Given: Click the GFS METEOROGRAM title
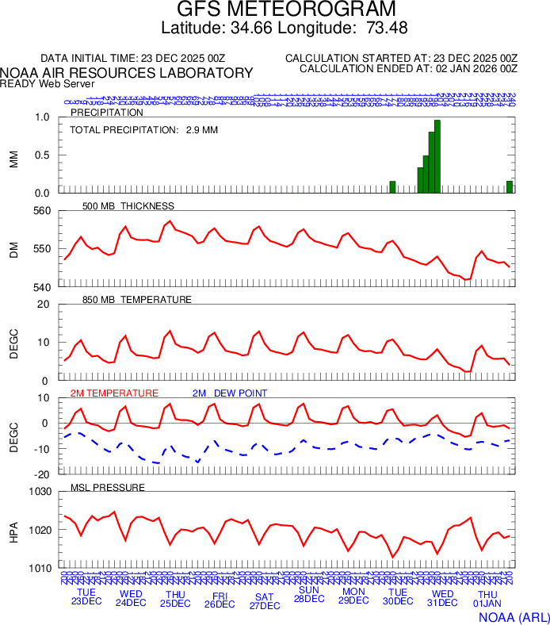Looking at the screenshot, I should (x=285, y=10).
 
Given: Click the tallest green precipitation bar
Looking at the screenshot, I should (x=437, y=156).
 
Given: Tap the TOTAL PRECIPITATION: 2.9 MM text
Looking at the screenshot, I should (x=143, y=129).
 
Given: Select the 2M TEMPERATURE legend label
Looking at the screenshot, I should (x=114, y=393).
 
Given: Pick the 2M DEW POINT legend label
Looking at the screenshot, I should (x=230, y=393).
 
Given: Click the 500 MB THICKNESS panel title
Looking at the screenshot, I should (x=128, y=206).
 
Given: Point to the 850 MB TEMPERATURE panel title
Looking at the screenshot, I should (x=137, y=300).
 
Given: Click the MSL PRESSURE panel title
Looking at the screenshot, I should (x=108, y=487).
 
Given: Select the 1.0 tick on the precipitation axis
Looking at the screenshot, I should (x=43, y=118).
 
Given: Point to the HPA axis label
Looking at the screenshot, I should (x=13, y=530).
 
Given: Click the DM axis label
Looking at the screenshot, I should (x=13, y=249).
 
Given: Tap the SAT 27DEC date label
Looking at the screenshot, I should (x=265, y=601).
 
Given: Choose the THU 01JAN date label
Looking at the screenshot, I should (x=487, y=599).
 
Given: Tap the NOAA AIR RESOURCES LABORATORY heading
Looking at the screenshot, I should (x=127, y=73).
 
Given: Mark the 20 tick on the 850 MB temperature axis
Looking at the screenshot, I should (x=44, y=305).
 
